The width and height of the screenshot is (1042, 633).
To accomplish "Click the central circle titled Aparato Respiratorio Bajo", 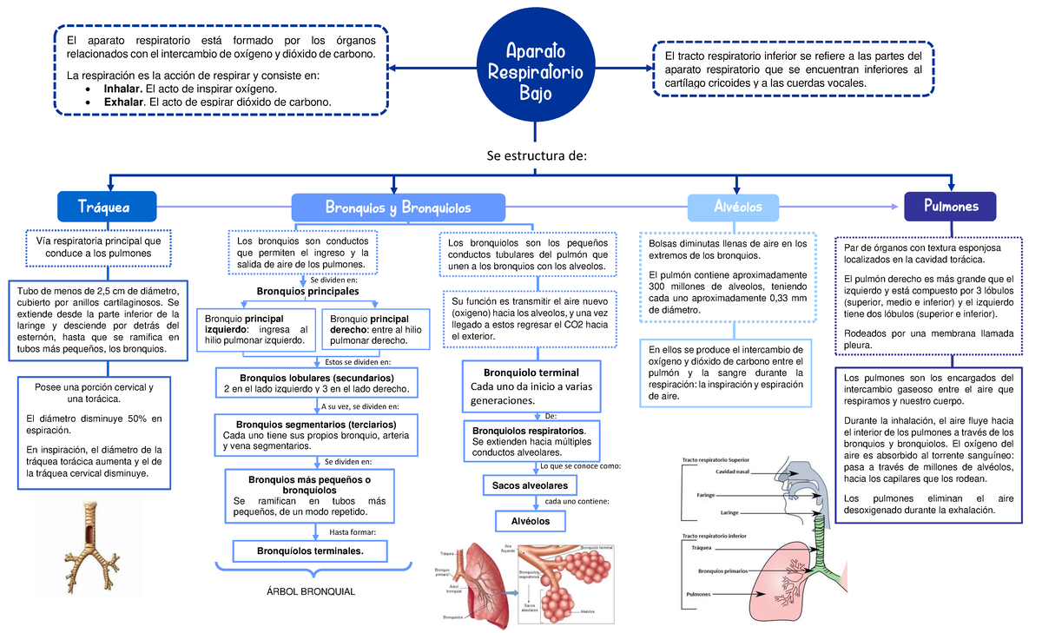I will pyautogui.click(x=534, y=72).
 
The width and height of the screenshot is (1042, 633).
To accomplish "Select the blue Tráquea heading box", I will pyautogui.click(x=106, y=207).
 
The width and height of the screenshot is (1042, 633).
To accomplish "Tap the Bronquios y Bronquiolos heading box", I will pyautogui.click(x=398, y=208).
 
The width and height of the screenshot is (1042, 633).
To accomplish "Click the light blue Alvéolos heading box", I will pyautogui.click(x=736, y=208).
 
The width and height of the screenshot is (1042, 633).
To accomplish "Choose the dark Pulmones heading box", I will pyautogui.click(x=950, y=207).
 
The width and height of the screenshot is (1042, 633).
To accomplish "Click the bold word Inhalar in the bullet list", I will pyautogui.click(x=123, y=89).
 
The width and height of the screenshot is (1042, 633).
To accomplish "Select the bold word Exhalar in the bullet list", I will pyautogui.click(x=124, y=102).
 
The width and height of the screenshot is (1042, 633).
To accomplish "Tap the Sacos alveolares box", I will pyautogui.click(x=530, y=485).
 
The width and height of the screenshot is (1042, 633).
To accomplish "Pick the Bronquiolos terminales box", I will pyautogui.click(x=310, y=551).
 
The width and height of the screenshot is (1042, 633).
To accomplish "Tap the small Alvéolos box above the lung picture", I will pyautogui.click(x=530, y=521).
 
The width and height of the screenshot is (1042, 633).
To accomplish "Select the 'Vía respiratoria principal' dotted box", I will pyautogui.click(x=98, y=247).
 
